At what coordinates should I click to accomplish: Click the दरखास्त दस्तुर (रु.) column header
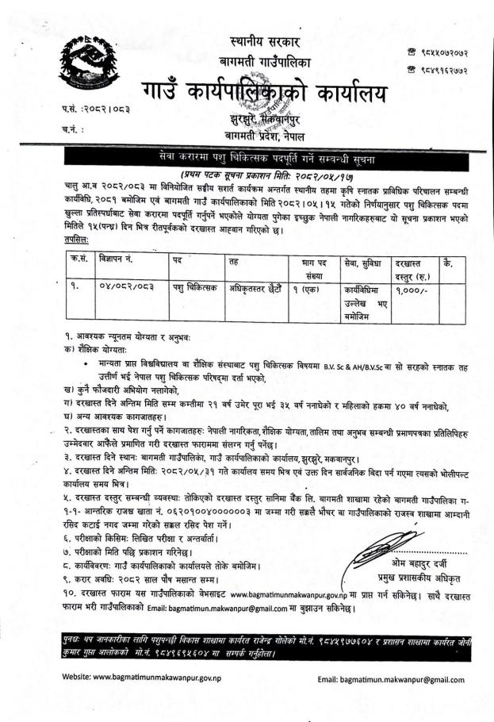tap(409, 264)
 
